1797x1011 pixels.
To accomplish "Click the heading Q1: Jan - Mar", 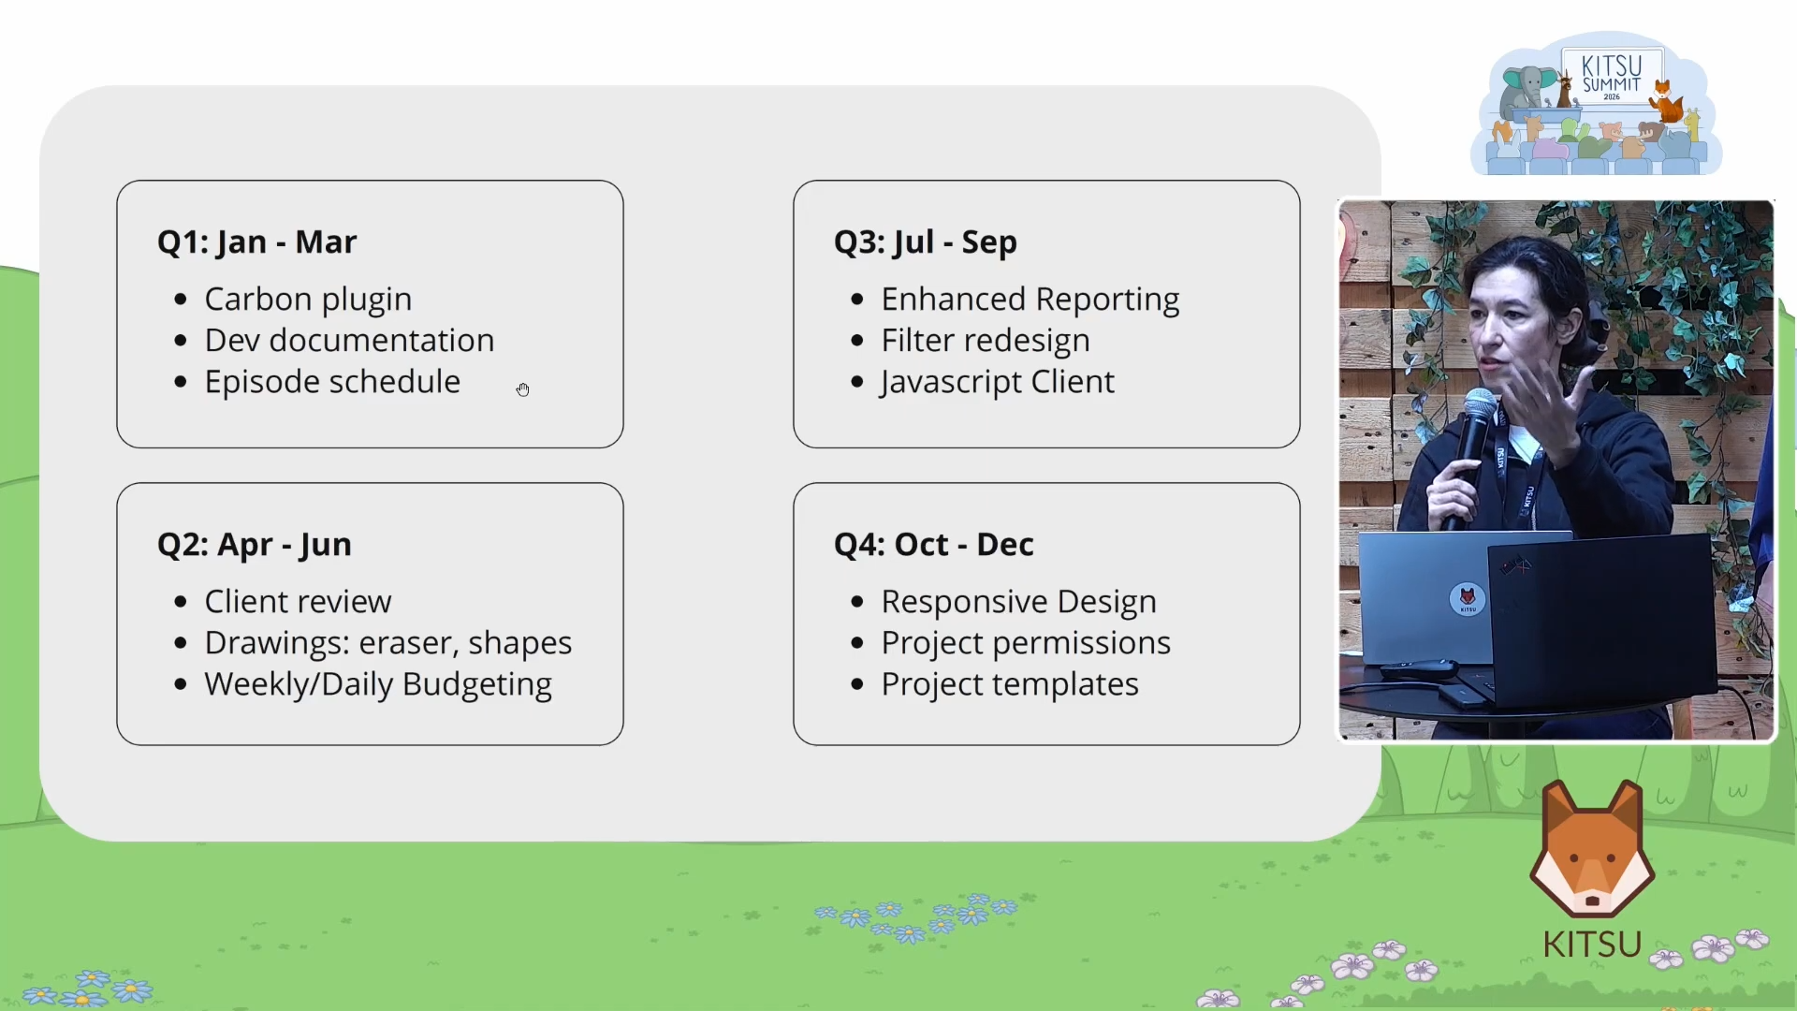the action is pos(256,242).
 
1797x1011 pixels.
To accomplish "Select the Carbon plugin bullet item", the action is pos(308,300).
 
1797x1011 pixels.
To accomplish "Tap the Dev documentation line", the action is pos(349,340).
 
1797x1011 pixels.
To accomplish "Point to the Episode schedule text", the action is pos(332,382).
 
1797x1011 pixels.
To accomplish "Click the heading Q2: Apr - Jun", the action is pos(255,545).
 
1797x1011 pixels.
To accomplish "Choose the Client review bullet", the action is pos(298,602).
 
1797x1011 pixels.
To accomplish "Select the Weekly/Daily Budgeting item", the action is pos(378,684).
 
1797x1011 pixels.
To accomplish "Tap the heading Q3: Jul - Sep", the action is pos(926,242).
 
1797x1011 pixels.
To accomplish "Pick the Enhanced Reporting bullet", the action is pos(1030,300).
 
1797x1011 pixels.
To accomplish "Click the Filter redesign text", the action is pos(986,341).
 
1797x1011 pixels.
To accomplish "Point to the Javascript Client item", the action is pos(998,382).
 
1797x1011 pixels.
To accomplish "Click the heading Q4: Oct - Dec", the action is pos(934,545).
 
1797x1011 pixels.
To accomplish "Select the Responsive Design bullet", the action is pos(1019,602).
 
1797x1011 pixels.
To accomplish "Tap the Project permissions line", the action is pos(1026,643).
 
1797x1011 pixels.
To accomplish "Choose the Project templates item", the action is pos(1010,684).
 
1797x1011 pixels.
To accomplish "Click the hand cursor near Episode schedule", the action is pos(522,389).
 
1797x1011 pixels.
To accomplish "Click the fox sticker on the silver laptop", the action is pos(1468,599).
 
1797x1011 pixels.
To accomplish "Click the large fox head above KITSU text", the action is pos(1592,849).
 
